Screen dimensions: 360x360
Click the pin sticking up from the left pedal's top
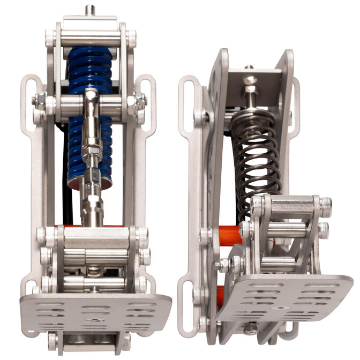click(89, 10)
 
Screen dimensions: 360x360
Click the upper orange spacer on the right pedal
click(229, 236)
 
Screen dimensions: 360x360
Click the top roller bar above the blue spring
click(89, 39)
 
